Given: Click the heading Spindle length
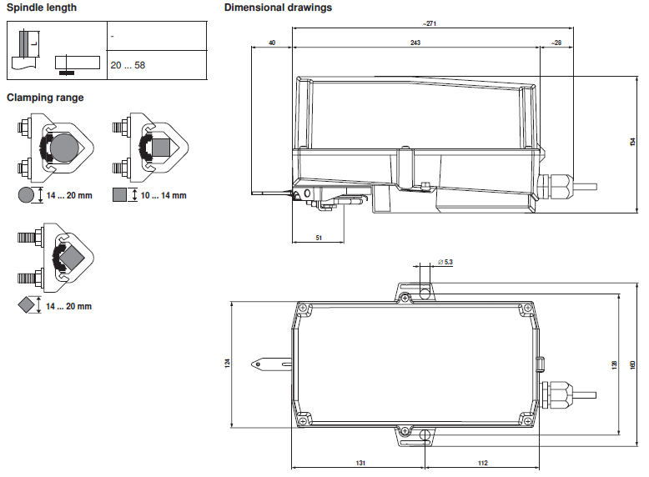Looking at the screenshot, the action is point(42,8).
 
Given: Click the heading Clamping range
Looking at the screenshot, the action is point(45,98).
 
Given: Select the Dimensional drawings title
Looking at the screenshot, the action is point(278,8).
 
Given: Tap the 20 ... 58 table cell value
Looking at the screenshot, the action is point(128,65).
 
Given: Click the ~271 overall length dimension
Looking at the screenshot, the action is point(430,23).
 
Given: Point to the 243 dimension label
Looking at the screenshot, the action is point(415,43).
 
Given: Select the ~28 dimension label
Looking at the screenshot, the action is point(556,43).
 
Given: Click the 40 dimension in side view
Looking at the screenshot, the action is point(272,43).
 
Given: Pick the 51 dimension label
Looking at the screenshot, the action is point(319,238).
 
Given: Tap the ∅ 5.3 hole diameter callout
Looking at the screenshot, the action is point(445,262).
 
